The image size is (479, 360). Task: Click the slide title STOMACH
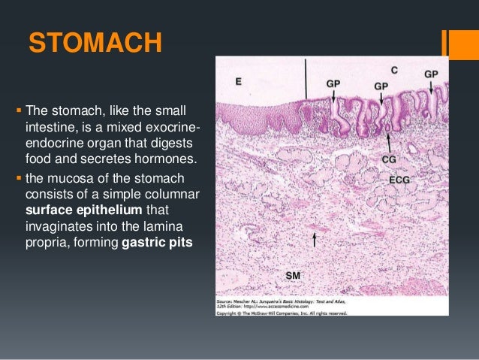[94, 43]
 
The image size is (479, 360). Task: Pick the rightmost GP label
[432, 74]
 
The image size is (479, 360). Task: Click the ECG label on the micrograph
[399, 181]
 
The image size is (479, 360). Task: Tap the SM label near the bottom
[294, 275]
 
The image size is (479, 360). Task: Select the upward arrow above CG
[388, 141]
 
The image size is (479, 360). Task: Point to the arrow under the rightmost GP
[432, 88]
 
